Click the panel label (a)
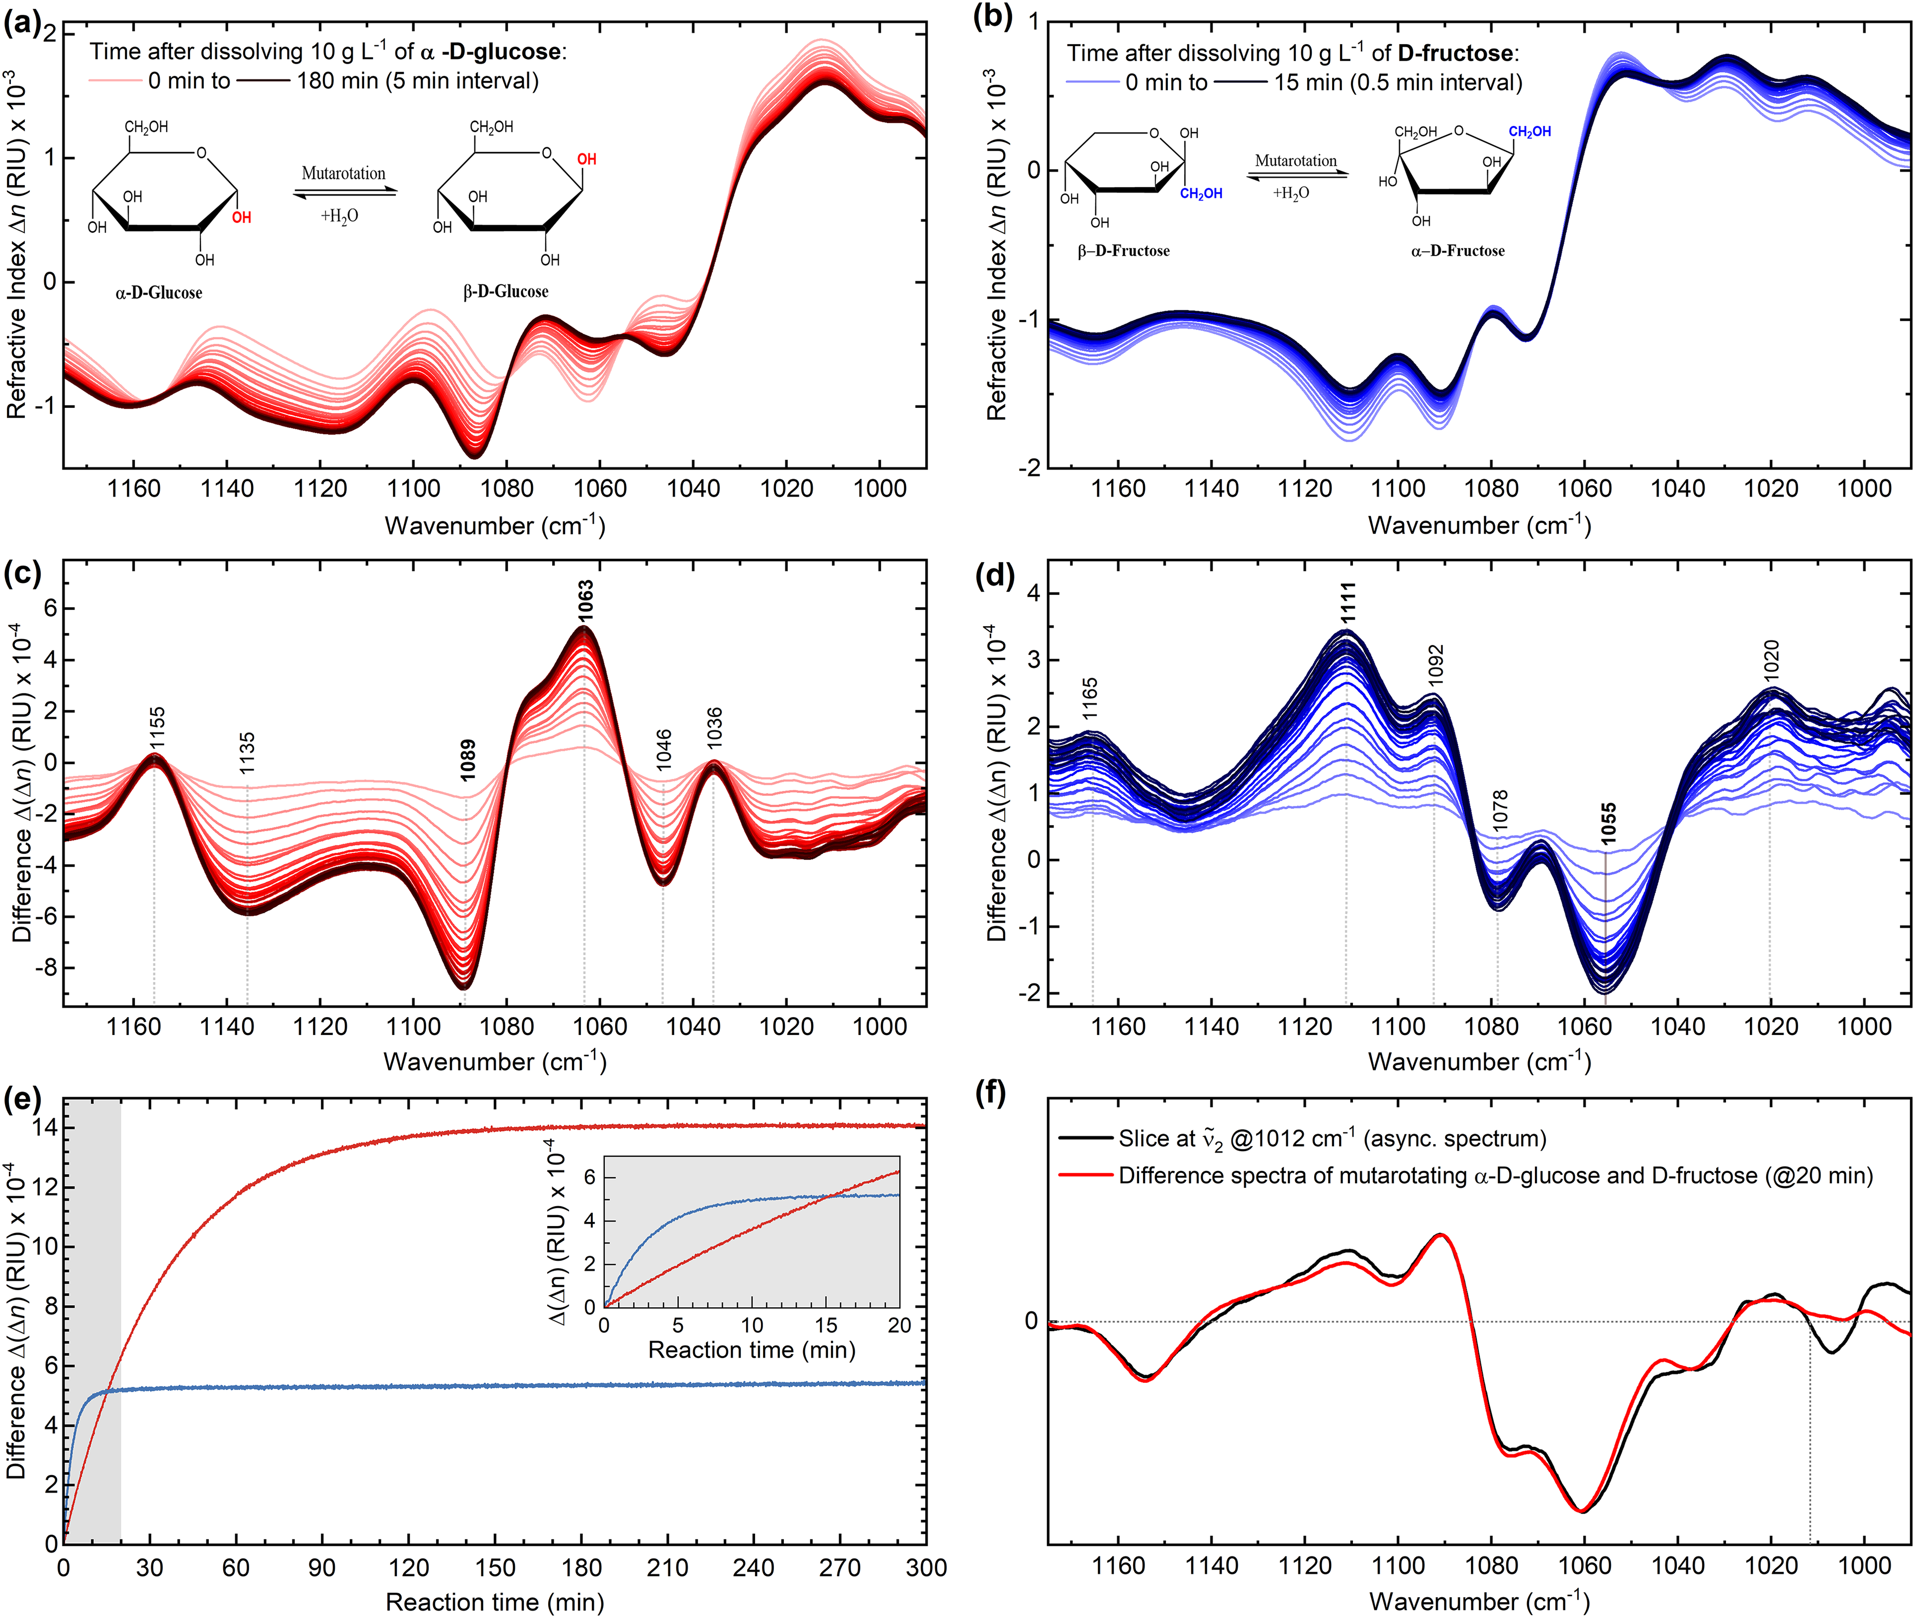(22, 22)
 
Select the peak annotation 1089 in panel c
(468, 761)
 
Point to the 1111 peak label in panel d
(1347, 603)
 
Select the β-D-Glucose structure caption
(505, 291)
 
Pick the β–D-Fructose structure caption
(1124, 250)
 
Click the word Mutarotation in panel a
(344, 174)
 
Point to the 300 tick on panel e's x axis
(925, 1568)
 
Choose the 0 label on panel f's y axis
(1031, 1322)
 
